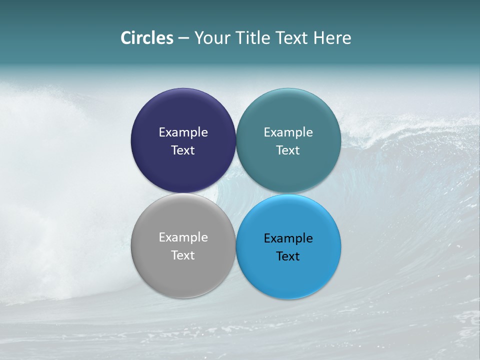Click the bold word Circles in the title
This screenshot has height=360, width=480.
[146, 37]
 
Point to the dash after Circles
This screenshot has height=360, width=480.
[183, 38]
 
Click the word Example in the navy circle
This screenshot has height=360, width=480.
[183, 132]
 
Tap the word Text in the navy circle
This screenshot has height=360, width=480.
[183, 150]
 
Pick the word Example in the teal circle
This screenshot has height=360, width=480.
[288, 132]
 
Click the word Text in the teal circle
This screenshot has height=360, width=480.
[288, 150]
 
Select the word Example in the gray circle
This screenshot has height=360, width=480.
[183, 237]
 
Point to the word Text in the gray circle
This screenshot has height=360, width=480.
[183, 255]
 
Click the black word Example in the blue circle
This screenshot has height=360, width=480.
[288, 238]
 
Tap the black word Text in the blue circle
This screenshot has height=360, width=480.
[288, 256]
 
